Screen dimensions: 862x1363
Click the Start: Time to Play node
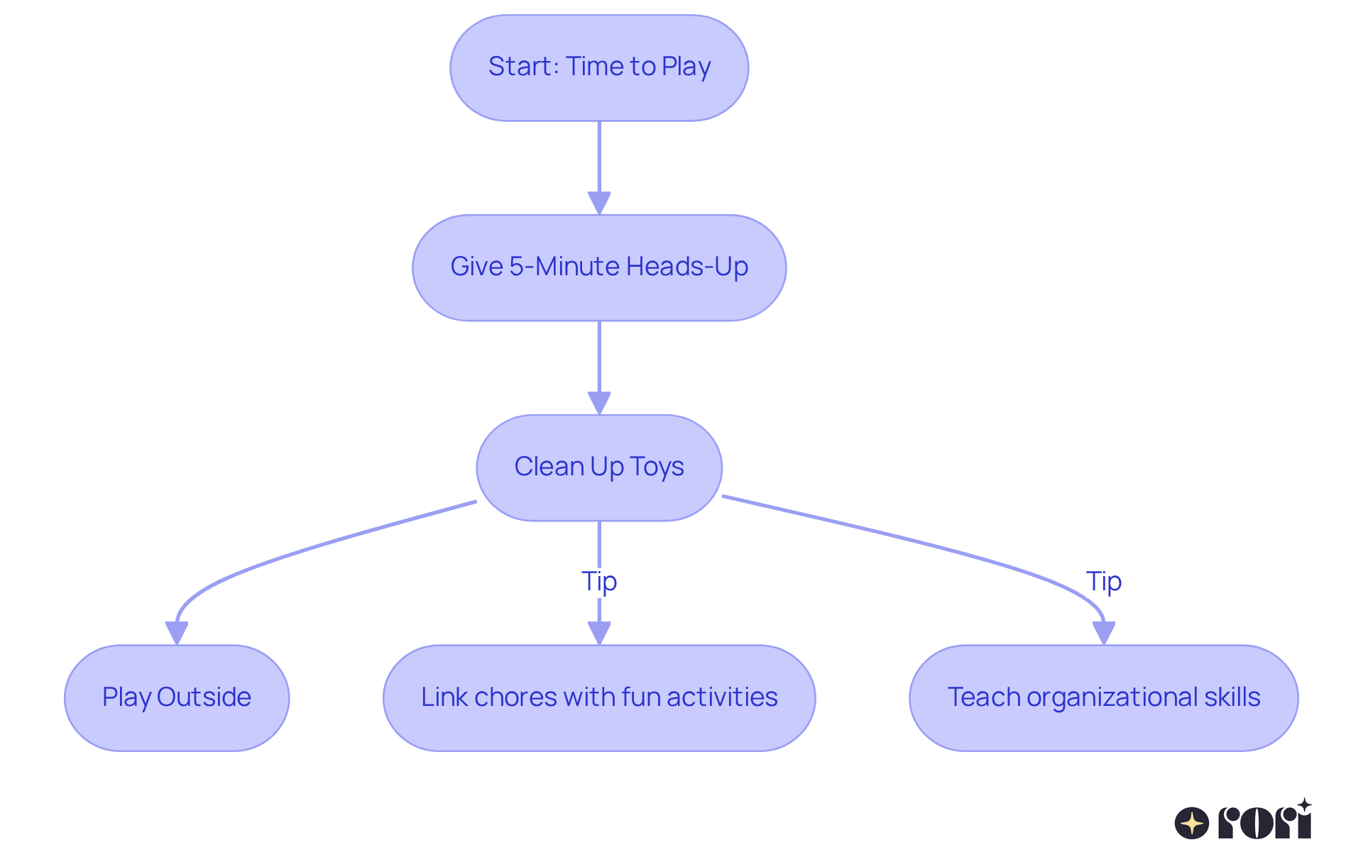click(x=599, y=68)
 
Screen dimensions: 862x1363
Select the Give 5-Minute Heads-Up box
click(x=599, y=268)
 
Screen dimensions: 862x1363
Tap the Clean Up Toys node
click(x=599, y=468)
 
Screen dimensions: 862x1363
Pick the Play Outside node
click(x=177, y=698)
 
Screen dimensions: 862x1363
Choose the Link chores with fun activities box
click(x=599, y=698)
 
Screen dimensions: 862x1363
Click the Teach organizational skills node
click(x=1103, y=698)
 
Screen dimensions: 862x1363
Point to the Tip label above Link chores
click(x=599, y=581)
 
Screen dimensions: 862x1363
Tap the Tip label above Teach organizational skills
click(x=1103, y=581)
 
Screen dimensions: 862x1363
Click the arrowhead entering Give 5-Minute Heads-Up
click(x=599, y=203)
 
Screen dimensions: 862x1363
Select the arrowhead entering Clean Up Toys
click(x=599, y=403)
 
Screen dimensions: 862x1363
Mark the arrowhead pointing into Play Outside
click(x=177, y=633)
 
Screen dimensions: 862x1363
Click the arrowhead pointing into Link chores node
click(x=599, y=633)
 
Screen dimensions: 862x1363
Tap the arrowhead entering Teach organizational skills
click(x=1103, y=633)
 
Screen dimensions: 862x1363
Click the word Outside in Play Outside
click(x=204, y=697)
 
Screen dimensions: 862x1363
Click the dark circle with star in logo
click(x=1191, y=823)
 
